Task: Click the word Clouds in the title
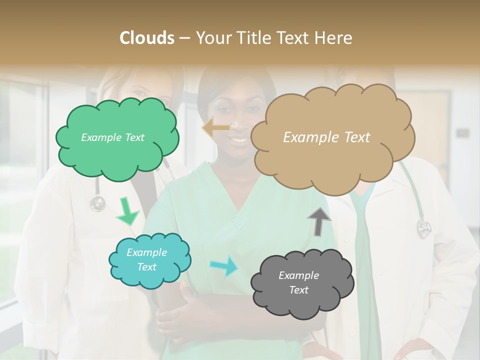click(x=147, y=37)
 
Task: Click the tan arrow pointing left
click(x=215, y=128)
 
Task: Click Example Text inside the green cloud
click(x=112, y=137)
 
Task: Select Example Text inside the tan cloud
click(x=326, y=137)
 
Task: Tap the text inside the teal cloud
click(x=147, y=259)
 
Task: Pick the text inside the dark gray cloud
click(x=298, y=282)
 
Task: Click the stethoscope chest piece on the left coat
click(x=97, y=203)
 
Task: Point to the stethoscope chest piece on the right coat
click(x=423, y=229)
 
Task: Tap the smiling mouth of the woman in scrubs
click(x=239, y=140)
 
